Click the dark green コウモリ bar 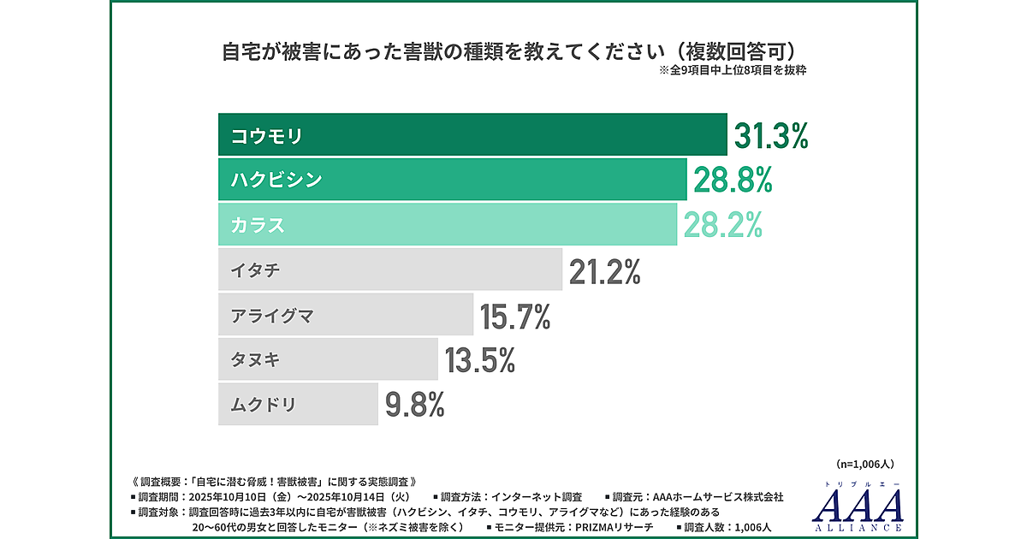[472, 135]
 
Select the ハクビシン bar [452, 180]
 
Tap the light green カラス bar [447, 225]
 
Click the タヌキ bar [328, 359]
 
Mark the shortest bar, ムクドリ [298, 404]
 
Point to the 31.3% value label [771, 136]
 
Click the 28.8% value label [733, 181]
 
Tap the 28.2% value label [722, 225]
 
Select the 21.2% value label [605, 271]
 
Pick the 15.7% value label [514, 316]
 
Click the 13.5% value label [479, 360]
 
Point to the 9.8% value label [415, 405]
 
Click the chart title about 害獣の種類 [513, 52]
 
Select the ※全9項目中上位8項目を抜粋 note [733, 72]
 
